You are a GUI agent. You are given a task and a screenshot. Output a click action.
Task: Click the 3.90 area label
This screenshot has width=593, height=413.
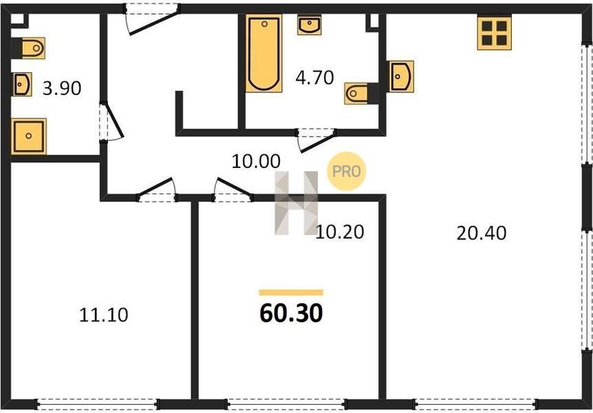coord(62,89)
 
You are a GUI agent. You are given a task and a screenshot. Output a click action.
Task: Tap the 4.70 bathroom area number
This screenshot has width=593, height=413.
coord(314,78)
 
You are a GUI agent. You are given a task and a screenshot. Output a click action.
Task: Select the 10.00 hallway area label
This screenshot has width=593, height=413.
coord(256,162)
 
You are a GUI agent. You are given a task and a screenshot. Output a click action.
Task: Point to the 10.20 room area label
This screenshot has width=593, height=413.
coord(340,232)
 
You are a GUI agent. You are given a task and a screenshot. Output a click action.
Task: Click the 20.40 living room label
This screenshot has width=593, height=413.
coord(482,233)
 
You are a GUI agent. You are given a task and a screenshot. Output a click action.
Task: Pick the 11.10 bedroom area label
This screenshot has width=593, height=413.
coord(104,315)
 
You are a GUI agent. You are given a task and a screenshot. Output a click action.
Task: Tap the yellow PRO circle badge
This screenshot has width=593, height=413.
coord(347,171)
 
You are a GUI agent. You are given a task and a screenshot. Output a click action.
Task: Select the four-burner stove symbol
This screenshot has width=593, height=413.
coord(495,33)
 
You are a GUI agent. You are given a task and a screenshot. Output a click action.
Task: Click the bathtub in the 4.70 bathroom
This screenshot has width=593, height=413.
coord(264,54)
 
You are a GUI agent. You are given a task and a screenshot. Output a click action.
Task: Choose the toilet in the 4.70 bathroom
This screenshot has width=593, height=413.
coord(361,93)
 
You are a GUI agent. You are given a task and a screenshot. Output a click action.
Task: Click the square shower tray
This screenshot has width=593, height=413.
coord(29,136)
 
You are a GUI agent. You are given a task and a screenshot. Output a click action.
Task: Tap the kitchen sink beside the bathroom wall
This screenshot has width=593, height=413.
coord(400,76)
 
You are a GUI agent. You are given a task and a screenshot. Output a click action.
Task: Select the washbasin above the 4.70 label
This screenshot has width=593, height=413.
coord(310,25)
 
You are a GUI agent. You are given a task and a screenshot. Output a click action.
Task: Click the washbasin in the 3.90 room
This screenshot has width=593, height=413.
coord(22,85)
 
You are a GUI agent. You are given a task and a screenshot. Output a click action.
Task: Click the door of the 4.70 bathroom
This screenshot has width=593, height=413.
coord(317,140)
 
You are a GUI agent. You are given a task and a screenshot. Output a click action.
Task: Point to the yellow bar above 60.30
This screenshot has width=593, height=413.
coord(291,293)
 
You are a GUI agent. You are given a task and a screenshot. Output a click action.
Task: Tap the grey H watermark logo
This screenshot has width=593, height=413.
coord(296,203)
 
